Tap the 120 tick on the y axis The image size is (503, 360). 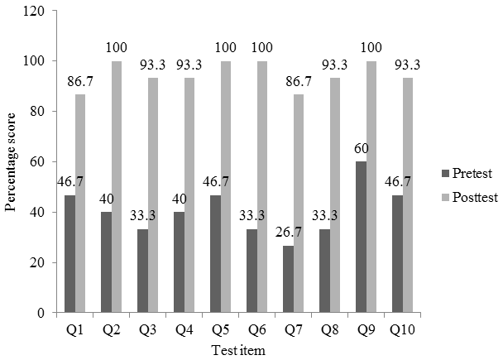[34, 11]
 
